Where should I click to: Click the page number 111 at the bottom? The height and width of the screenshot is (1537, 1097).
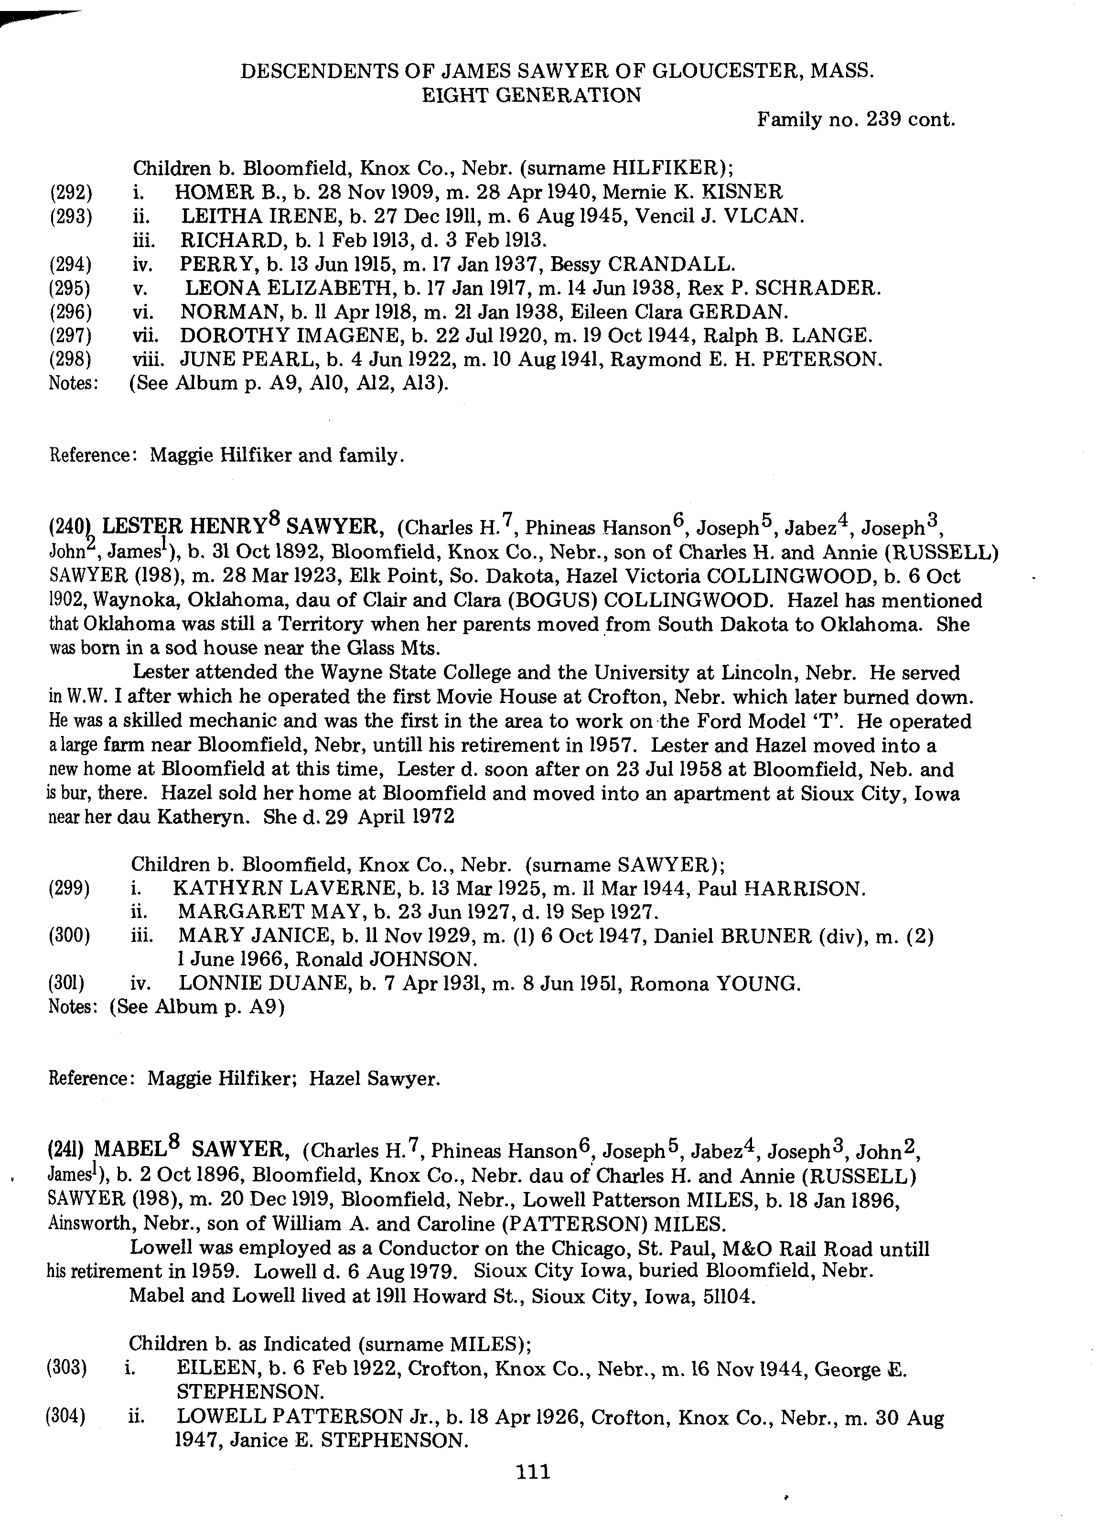click(x=533, y=1472)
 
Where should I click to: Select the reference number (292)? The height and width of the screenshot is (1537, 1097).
click(x=70, y=193)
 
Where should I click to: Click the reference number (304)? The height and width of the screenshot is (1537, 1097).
click(x=65, y=1418)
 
